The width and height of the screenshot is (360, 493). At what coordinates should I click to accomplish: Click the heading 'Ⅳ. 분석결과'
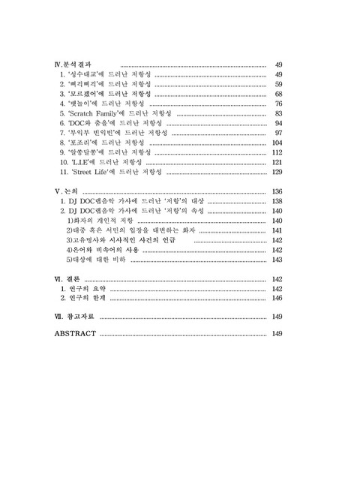(x=78, y=65)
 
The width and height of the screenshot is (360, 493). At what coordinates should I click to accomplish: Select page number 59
(x=278, y=84)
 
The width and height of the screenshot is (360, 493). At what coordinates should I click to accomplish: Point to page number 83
(x=278, y=113)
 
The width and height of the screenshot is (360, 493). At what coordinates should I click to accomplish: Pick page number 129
(x=276, y=172)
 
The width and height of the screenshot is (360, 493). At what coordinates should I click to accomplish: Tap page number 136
(x=276, y=191)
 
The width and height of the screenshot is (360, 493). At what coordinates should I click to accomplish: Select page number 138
(x=276, y=201)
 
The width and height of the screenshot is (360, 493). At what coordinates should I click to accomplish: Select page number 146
(x=276, y=298)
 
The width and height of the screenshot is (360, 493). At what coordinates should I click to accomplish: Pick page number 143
(x=276, y=260)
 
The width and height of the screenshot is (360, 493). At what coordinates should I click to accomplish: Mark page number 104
(x=276, y=142)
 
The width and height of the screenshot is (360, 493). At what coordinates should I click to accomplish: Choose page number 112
(x=276, y=152)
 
